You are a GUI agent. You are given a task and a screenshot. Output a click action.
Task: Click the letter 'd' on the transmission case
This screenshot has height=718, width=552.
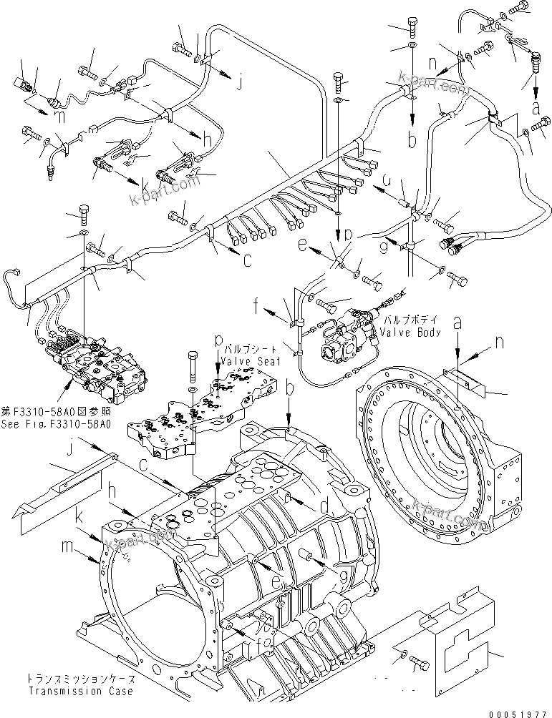[x=324, y=506]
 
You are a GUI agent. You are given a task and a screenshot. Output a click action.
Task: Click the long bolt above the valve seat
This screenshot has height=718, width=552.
[x=192, y=364]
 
